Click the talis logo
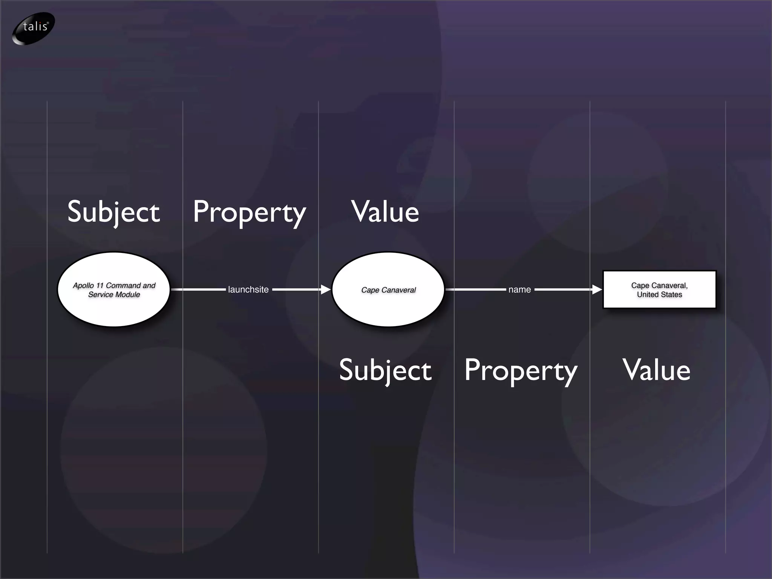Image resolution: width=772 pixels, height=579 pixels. pos(34,28)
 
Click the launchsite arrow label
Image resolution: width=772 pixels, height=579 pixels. pos(248,289)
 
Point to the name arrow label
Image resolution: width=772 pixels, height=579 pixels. pos(519,289)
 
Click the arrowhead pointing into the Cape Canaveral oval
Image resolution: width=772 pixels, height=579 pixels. pos(326,289)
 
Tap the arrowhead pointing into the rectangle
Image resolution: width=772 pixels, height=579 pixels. pos(597,289)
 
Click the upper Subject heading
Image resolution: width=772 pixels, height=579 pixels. pos(113,212)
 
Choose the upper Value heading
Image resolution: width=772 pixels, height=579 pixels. pos(385,212)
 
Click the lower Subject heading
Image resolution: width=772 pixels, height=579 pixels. pos(385,370)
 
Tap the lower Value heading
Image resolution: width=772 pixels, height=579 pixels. pos(657,370)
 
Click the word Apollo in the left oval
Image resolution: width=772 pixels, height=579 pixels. pos(83,286)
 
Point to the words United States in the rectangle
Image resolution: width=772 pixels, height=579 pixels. pos(659,295)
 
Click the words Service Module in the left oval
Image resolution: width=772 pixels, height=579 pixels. pos(114,295)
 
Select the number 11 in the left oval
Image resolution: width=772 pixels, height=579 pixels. pos(100,286)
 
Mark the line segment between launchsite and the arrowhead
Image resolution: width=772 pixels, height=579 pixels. pos(296,289)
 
